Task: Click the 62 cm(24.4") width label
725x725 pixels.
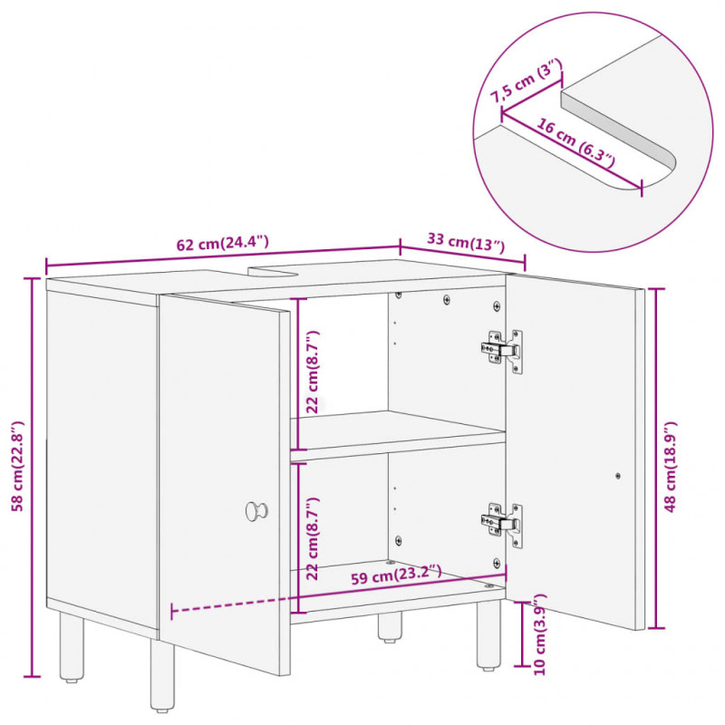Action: (x=222, y=243)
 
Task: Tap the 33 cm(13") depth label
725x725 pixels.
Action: (x=466, y=243)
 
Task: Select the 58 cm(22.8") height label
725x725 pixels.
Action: (x=18, y=466)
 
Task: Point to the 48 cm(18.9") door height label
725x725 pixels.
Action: (x=670, y=466)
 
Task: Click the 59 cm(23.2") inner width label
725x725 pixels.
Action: (x=396, y=575)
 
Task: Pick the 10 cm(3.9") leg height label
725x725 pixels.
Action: (x=539, y=634)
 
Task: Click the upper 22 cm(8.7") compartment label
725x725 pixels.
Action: (x=313, y=372)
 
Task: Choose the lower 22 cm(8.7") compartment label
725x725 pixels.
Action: (x=313, y=538)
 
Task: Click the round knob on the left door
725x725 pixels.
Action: (x=256, y=511)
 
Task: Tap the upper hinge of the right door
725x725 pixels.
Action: (x=502, y=350)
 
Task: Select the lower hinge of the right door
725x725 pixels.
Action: (x=502, y=525)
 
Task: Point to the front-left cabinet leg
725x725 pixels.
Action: (x=163, y=674)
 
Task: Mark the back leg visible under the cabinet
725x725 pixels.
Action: (x=391, y=627)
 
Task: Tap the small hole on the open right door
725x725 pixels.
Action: (x=618, y=475)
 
